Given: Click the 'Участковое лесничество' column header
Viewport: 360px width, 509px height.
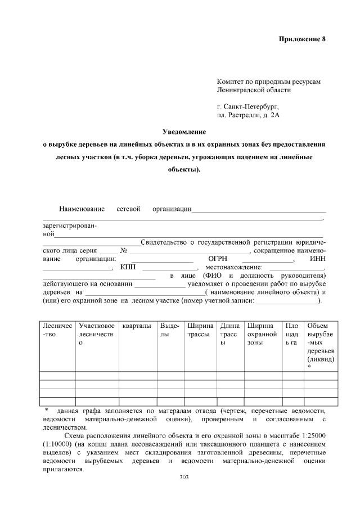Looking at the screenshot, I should (x=97, y=334).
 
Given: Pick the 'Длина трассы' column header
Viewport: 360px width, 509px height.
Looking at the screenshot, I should (x=230, y=334).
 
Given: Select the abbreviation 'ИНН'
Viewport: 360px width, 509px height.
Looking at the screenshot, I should (x=318, y=259).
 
